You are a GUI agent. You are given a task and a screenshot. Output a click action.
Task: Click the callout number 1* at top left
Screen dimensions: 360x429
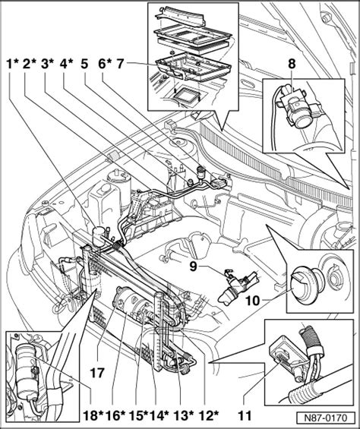point(12,65)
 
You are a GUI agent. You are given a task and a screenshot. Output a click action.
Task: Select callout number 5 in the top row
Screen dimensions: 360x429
point(84,65)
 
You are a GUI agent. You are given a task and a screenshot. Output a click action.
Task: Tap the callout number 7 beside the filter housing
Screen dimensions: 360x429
point(121,65)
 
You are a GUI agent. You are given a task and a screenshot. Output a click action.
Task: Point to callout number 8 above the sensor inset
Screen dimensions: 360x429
point(292,65)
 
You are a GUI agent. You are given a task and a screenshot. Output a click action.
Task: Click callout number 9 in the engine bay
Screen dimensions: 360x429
point(193,267)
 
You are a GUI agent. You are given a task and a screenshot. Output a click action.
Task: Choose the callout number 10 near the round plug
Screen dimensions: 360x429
point(252,301)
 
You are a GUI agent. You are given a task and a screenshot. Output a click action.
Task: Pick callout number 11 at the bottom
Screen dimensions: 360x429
point(245,415)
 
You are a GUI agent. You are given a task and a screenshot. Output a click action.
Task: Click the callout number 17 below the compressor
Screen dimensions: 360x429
point(97,373)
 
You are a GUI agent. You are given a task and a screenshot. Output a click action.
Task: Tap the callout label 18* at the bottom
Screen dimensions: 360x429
point(93,416)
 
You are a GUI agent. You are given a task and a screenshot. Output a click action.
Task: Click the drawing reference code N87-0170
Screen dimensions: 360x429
point(326,418)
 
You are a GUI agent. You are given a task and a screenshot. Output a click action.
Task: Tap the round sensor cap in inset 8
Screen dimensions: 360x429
point(301,121)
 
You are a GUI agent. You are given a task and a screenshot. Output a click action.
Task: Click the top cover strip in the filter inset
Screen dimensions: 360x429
point(180,17)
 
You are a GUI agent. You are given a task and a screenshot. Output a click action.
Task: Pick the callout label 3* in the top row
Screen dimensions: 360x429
point(48,65)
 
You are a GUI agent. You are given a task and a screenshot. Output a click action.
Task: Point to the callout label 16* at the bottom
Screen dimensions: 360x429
point(116,416)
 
